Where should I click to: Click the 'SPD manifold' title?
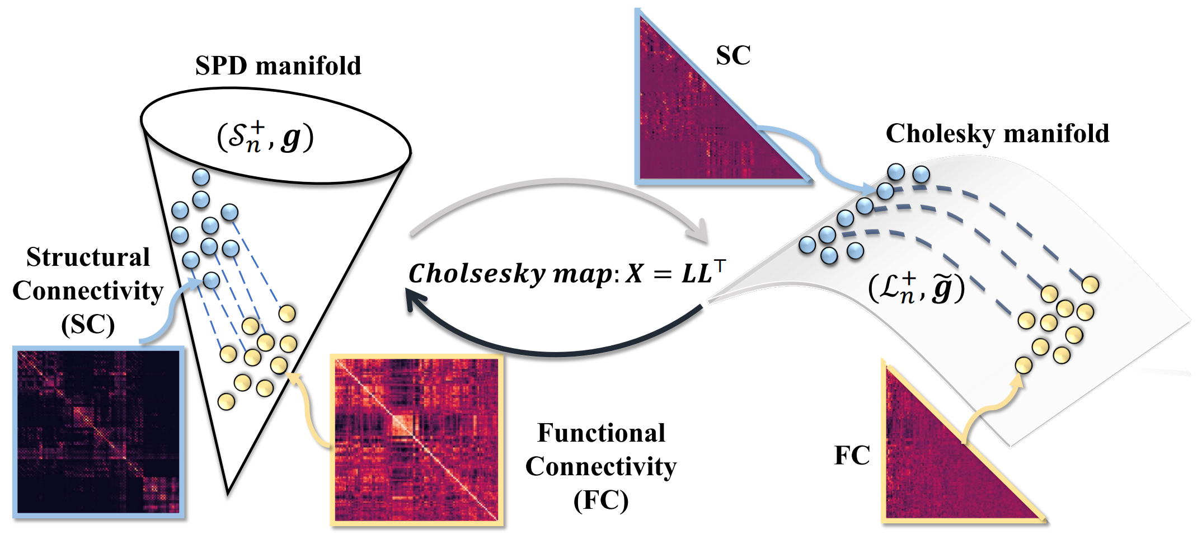click(278, 66)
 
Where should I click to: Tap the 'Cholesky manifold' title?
click(997, 134)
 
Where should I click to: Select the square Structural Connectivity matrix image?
click(98, 432)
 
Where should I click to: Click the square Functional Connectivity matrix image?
click(416, 440)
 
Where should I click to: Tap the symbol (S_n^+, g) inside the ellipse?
click(265, 137)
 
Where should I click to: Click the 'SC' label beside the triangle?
click(733, 55)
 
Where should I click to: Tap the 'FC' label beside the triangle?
click(852, 456)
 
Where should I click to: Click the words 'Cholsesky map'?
click(509, 274)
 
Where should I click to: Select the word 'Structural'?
click(88, 257)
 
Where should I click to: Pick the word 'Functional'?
click(601, 433)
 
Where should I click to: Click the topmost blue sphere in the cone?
click(201, 177)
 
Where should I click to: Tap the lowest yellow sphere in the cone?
click(226, 401)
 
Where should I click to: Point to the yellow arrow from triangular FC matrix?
click(990, 409)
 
